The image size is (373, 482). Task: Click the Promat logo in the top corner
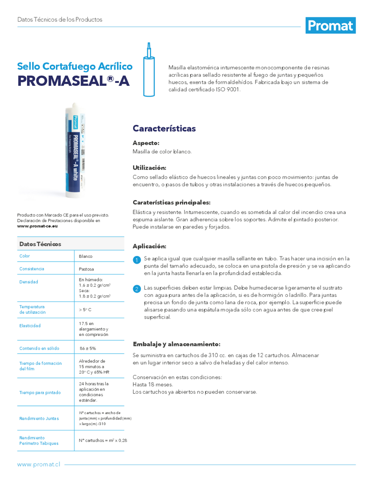331,25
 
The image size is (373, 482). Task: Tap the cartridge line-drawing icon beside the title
150,70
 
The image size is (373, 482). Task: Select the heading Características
164,129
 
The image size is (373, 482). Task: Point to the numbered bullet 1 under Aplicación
137,260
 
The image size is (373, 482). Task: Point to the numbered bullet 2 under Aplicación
137,289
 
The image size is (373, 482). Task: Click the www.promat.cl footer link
39,464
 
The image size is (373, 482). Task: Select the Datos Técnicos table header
40,244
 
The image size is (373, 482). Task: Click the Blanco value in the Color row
85,256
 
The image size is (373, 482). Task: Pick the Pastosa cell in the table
86,269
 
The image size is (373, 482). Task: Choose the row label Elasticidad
30,326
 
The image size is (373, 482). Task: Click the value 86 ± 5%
88,348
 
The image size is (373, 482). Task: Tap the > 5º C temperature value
86,309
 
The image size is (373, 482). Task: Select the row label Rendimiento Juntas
39,418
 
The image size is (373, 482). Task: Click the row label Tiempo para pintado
40,392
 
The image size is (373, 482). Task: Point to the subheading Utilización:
150,168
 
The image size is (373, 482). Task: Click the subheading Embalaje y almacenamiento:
176,344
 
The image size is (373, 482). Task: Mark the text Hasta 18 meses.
153,385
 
